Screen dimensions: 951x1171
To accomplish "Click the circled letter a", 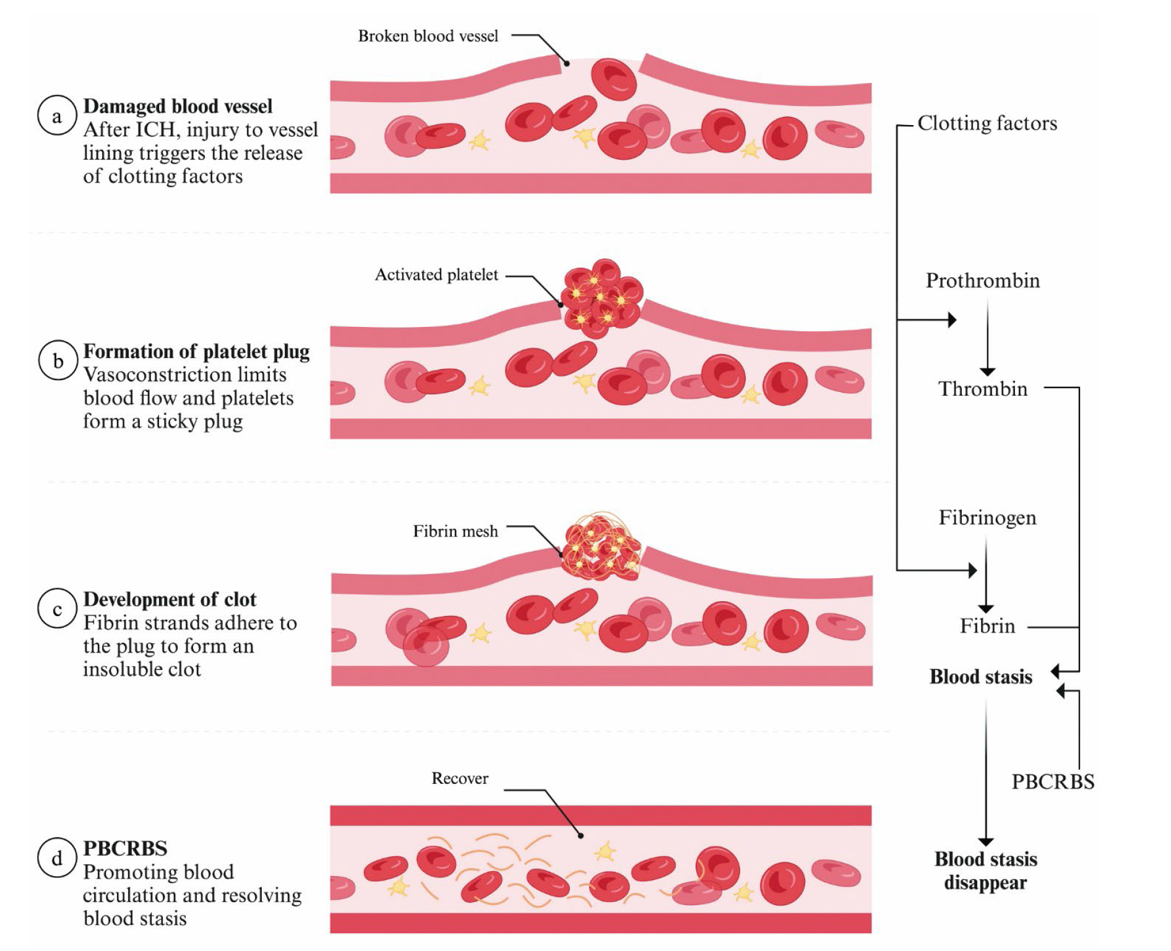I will [57, 116].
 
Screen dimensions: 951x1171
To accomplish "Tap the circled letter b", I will [58, 360].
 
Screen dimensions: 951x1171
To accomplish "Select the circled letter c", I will [57, 609].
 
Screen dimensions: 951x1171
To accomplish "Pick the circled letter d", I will [57, 858].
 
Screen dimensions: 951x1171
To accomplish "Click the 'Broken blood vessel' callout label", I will [428, 36].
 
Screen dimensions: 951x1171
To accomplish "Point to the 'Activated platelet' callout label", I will [436, 275].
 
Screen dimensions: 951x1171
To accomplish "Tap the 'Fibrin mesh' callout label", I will [455, 531].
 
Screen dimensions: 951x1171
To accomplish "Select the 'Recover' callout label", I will [460, 778].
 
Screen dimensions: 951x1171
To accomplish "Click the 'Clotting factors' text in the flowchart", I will [987, 123].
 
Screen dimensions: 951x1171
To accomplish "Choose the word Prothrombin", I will [983, 280].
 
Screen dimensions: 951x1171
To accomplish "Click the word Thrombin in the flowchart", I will [983, 389].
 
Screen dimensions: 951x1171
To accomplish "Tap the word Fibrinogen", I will [987, 518].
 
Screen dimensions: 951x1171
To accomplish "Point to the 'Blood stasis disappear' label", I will [985, 871].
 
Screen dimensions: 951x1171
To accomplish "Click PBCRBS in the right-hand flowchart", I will [1053, 782].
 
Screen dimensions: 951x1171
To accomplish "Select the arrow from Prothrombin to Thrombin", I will [987, 337].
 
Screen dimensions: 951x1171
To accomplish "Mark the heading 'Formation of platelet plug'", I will [196, 351].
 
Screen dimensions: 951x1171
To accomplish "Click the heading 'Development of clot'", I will [170, 599].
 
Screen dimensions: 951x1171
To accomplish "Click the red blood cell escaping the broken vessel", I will [613, 79].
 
